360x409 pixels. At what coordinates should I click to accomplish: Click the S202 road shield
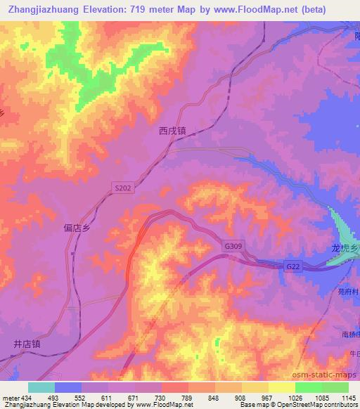point(122,188)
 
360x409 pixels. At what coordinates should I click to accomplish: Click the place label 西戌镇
point(172,130)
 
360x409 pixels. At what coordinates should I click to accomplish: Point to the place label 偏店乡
point(77,228)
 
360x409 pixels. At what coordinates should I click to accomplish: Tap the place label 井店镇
point(27,344)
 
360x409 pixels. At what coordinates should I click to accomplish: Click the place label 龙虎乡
point(345,249)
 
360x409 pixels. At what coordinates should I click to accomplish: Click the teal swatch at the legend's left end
point(41,387)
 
